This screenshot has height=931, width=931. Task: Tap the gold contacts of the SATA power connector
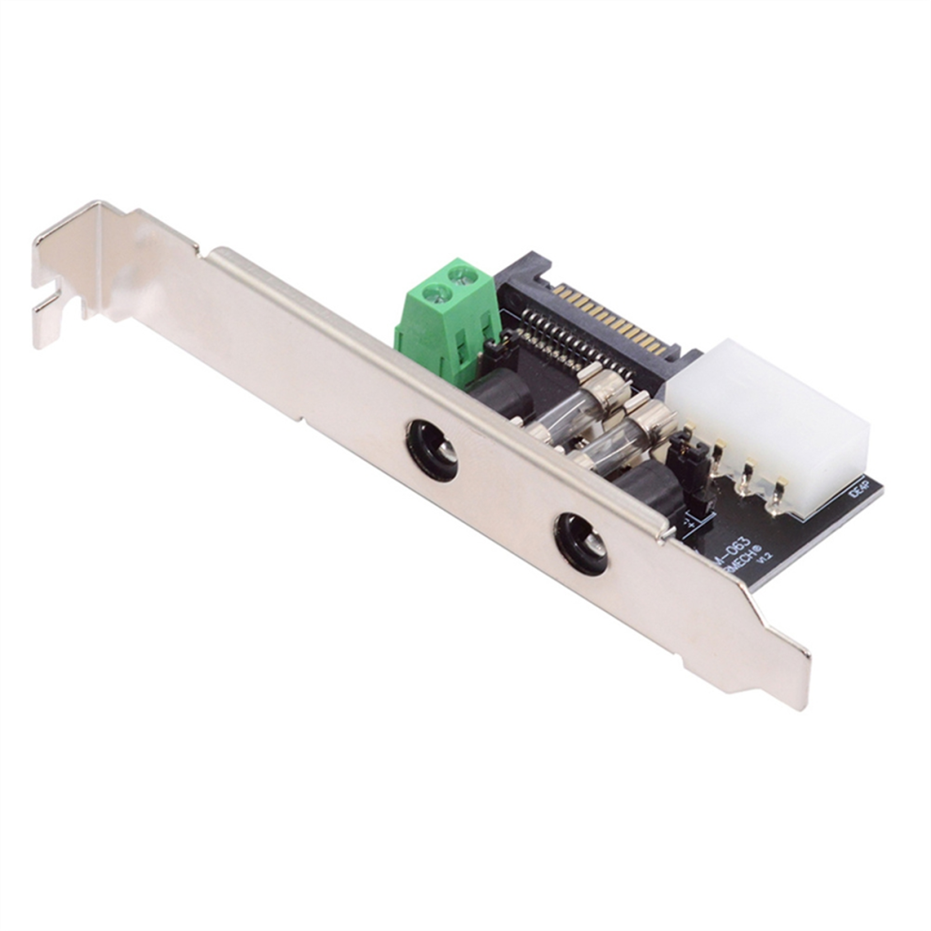point(610,319)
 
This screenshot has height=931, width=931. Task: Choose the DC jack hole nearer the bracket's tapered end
point(580,543)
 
